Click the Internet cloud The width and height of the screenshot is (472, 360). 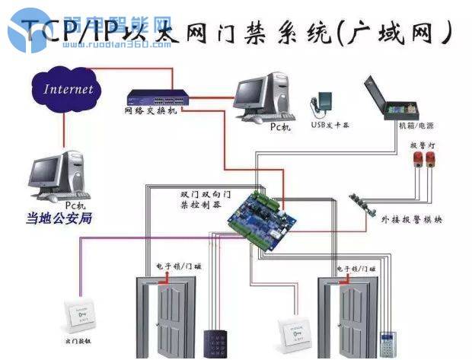67,89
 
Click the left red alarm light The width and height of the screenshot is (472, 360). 419,158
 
